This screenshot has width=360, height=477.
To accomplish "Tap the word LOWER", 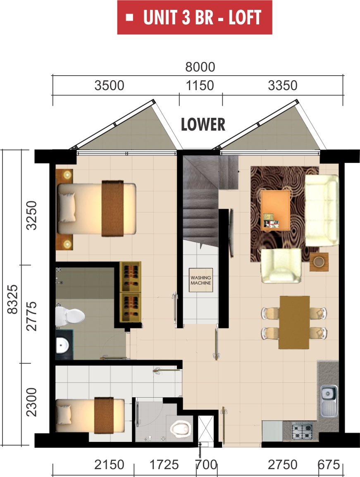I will (x=203, y=124).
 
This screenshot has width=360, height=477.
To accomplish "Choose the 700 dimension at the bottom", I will (x=206, y=465).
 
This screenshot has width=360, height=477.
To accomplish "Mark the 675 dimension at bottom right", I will (x=329, y=465).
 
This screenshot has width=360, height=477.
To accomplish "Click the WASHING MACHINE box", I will (x=200, y=280).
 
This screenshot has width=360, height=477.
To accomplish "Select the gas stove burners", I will (x=303, y=432).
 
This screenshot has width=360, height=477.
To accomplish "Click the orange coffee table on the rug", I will (x=275, y=209).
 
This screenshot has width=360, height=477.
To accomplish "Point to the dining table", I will (x=294, y=322).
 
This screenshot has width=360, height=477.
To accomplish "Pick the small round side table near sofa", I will (x=319, y=262).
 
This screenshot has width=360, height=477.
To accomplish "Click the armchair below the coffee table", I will (x=281, y=266).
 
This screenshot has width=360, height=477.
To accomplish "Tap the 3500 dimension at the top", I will (x=109, y=86).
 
